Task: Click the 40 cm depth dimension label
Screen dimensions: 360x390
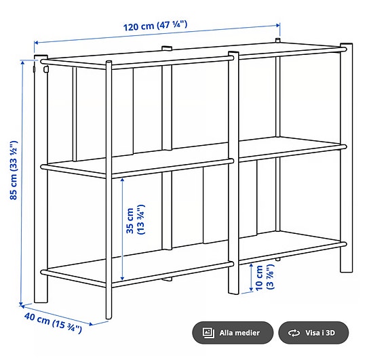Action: click(x=53, y=322)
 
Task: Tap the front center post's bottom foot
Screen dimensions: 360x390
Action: click(x=233, y=290)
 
